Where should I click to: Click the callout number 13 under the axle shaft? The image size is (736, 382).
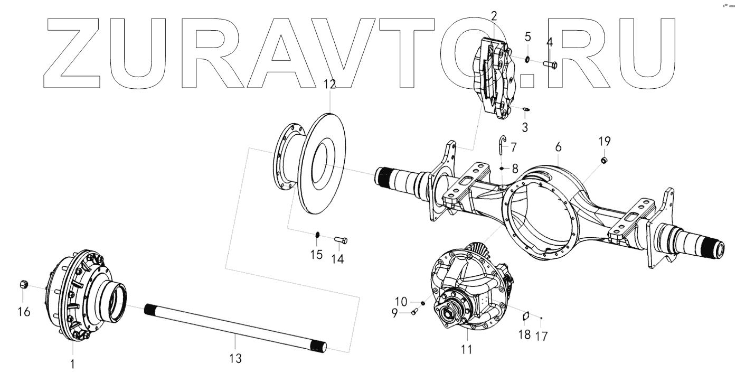(x=235, y=359)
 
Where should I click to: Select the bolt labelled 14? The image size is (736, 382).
(x=341, y=241)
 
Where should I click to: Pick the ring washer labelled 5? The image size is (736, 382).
(x=528, y=58)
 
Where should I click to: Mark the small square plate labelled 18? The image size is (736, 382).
(x=525, y=317)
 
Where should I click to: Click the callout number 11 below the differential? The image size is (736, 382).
(x=466, y=349)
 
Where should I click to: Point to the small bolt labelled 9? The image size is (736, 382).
(x=415, y=312)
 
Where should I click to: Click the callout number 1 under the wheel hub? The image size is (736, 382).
(x=73, y=364)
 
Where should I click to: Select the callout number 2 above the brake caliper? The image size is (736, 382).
(x=494, y=15)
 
